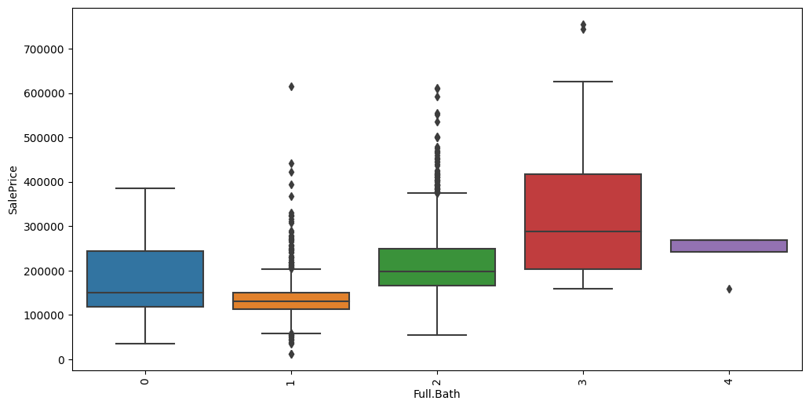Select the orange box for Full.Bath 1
(x=291, y=301)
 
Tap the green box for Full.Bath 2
(x=437, y=267)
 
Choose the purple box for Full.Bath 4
(x=729, y=246)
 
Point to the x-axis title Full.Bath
(x=437, y=394)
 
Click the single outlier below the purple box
(x=729, y=289)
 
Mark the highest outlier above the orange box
(x=291, y=86)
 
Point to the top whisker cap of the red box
(x=583, y=82)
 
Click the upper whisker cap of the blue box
(x=145, y=188)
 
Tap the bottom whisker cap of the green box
(x=437, y=335)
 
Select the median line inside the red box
(x=583, y=231)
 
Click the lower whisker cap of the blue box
(x=145, y=344)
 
